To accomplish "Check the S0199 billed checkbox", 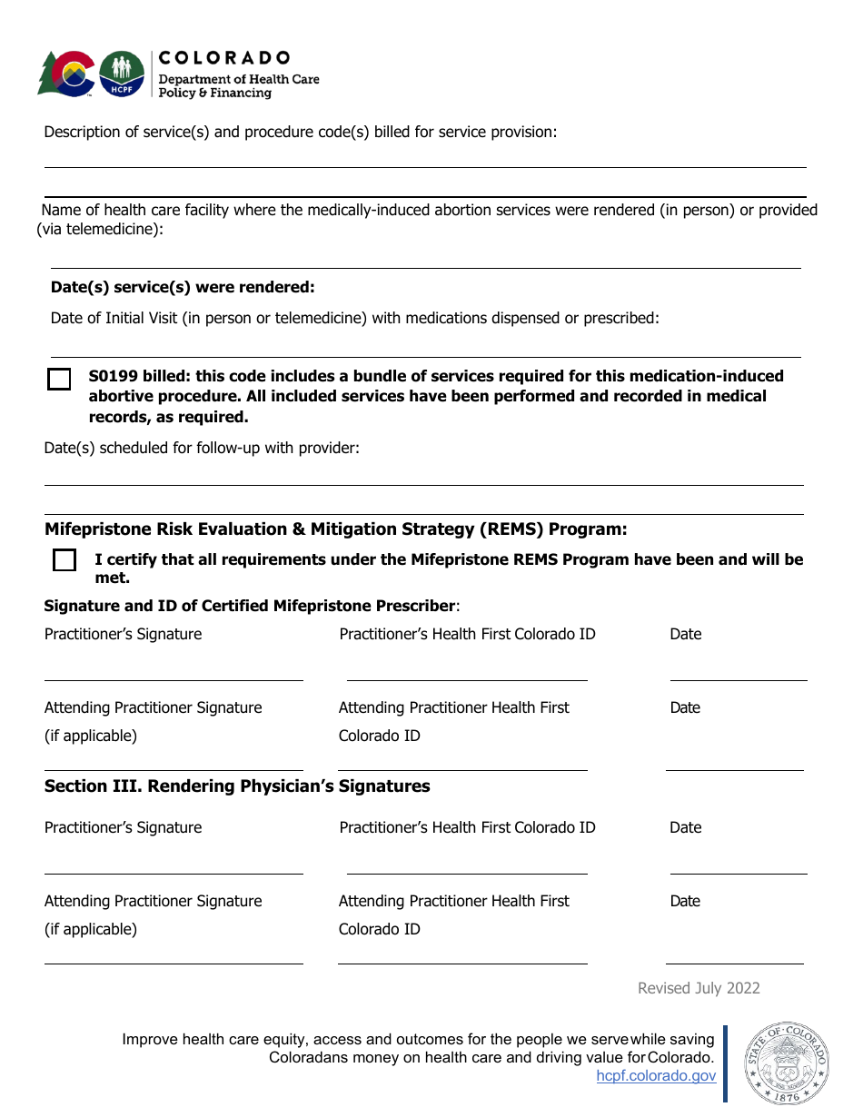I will coord(59,379).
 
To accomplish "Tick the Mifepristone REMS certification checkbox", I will coord(64,560).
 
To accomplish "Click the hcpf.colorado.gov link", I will coord(656,1076).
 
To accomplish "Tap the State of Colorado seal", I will coord(787,1063).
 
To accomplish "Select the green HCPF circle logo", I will coord(121,74).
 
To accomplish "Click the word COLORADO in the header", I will coord(224,58).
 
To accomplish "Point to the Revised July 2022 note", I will coord(699,988).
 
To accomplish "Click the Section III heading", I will coord(237,786).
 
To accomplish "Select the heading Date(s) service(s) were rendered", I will coord(183,287).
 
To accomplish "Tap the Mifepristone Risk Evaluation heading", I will coord(335,529).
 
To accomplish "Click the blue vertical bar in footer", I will coord(725,1063).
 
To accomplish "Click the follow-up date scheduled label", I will coord(202,448).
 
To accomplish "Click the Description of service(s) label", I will coord(300,132).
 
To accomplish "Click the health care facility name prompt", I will coord(427,211).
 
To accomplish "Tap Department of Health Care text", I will coord(239,79).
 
